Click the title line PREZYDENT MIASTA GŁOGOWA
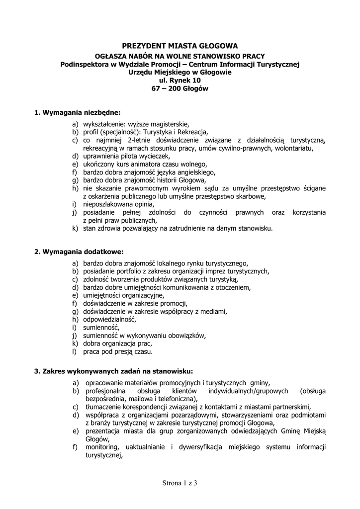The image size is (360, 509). coord(180,46)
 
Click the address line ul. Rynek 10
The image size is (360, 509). coord(180,80)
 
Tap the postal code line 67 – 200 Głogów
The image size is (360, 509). coord(180,88)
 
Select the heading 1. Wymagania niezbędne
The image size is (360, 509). coord(78,113)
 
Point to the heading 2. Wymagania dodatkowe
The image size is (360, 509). coord(79,252)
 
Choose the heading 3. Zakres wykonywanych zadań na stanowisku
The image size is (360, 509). coord(113,371)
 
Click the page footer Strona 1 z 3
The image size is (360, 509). coord(180,483)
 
